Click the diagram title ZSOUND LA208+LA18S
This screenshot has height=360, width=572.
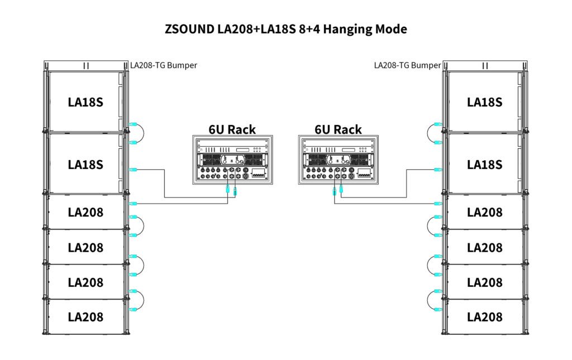286,29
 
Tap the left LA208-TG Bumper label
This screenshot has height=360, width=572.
163,65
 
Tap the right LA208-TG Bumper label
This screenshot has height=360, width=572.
407,65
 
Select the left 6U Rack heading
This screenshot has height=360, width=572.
232,129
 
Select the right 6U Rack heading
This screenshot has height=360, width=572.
338,129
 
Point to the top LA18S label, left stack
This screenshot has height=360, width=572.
86,102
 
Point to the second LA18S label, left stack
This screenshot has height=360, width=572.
86,165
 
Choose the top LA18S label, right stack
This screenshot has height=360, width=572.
484,102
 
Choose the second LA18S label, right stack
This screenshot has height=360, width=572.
484,165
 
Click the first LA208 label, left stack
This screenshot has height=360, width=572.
86,212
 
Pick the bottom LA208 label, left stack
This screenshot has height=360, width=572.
86,317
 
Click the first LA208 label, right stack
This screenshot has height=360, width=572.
484,212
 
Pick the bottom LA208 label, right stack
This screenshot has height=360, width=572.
484,317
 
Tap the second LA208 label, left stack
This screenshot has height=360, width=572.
86,247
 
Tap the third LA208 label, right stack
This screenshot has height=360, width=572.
484,282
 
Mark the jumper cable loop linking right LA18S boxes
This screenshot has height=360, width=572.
428,133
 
